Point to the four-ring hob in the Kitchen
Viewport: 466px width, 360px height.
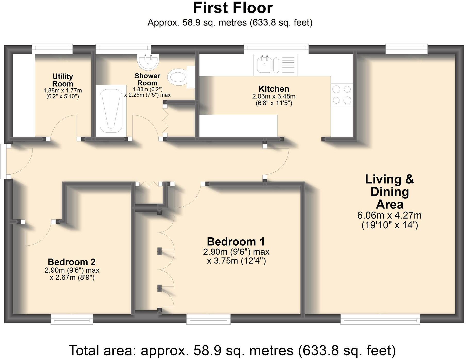click(342, 95)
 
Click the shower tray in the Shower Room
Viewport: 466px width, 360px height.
click(111, 111)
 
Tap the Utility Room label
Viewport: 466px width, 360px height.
click(63, 80)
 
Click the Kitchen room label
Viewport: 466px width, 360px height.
click(274, 89)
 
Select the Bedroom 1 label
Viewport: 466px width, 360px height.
click(236, 241)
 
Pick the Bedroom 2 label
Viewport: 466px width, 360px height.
click(72, 262)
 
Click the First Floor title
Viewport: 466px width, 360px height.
click(233, 8)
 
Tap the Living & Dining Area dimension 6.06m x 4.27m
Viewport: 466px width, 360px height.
click(389, 215)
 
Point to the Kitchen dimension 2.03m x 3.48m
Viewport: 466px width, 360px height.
click(274, 96)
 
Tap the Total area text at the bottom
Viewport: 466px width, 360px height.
click(232, 350)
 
